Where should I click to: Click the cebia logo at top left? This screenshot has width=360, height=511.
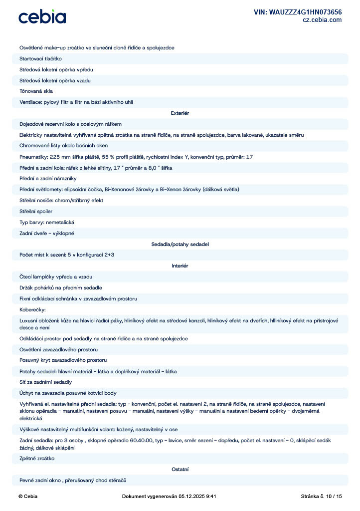pos(42,17)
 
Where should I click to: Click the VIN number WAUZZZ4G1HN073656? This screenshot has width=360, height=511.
pos(298,12)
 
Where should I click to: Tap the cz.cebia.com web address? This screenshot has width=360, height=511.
pos(322,20)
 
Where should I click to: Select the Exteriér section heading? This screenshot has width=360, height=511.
pos(180,113)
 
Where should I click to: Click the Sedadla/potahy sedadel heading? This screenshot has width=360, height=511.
pos(180,245)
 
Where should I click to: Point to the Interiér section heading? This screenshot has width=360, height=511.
pos(180,266)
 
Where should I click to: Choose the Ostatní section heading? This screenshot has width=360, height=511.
pos(180,469)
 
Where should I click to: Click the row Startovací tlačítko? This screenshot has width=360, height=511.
pos(40,58)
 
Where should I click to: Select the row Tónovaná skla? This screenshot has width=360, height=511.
pos(36,91)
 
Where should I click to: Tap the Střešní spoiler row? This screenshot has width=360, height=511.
pos(36,211)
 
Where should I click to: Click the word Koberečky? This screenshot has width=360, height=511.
pos(32,309)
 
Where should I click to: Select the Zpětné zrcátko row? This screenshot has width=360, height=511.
pos(37,458)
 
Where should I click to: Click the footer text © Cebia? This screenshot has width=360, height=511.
pos(27,497)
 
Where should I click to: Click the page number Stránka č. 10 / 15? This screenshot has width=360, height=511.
pos(322,497)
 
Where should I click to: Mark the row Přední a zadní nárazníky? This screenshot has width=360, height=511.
pos(48,178)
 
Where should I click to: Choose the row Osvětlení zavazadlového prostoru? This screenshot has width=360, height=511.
pos(58,349)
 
